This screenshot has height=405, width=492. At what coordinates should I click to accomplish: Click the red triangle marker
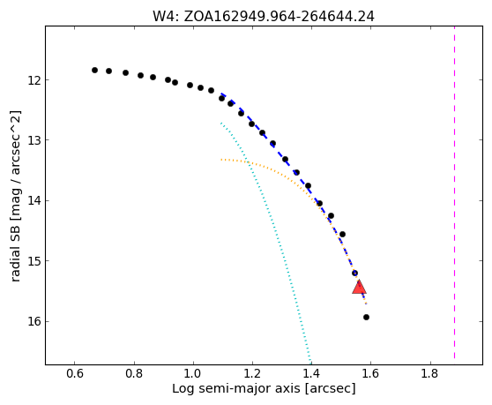pyautogui.click(x=359, y=288)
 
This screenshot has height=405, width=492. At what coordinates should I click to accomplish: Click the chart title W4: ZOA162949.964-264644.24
pyautogui.click(x=264, y=17)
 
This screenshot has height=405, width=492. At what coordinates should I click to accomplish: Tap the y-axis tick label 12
pyautogui.click(x=34, y=80)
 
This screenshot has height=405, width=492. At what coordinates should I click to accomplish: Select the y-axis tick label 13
pyautogui.click(x=34, y=139)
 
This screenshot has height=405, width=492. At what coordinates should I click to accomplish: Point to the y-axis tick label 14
pyautogui.click(x=34, y=200)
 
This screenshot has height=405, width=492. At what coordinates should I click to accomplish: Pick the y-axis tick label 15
pyautogui.click(x=34, y=260)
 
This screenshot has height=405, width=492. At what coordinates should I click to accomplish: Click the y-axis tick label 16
pyautogui.click(x=34, y=321)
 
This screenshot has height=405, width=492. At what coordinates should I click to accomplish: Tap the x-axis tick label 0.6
pyautogui.click(x=74, y=373)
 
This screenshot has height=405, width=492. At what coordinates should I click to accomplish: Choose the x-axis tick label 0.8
pyautogui.click(x=134, y=373)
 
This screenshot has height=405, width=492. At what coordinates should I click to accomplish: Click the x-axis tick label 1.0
pyautogui.click(x=193, y=373)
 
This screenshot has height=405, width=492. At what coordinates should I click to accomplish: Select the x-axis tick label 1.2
pyautogui.click(x=252, y=373)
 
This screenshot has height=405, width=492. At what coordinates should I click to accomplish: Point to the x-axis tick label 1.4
pyautogui.click(x=311, y=373)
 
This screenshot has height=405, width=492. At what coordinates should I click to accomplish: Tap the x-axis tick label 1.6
pyautogui.click(x=370, y=373)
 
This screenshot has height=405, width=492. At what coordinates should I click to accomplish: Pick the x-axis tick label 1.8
pyautogui.click(x=430, y=373)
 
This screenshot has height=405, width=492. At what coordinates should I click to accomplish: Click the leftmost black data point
pyautogui.click(x=94, y=70)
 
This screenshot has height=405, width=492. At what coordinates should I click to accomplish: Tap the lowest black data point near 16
pyautogui.click(x=366, y=317)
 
